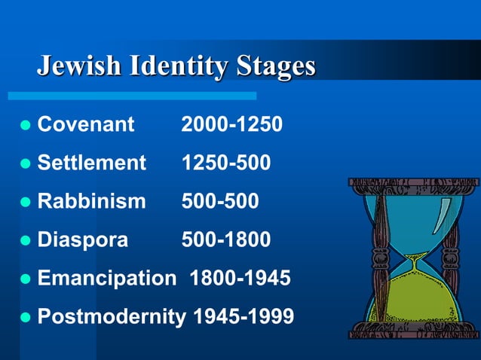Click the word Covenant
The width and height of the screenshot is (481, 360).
[x=85, y=124]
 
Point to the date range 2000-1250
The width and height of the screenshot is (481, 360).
[x=231, y=124]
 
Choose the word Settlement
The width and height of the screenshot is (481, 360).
[x=91, y=162]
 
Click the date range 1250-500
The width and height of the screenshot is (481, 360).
[x=225, y=162]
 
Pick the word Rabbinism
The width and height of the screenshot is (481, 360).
[x=91, y=201]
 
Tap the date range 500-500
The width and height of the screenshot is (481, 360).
[x=219, y=201]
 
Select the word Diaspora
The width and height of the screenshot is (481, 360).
[x=83, y=239]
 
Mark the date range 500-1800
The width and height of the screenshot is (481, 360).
[x=225, y=239]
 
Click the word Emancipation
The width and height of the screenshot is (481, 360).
[x=106, y=279]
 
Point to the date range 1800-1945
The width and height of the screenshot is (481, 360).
[x=240, y=279]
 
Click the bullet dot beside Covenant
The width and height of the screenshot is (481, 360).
[x=25, y=124]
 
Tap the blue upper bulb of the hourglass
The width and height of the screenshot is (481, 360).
[x=413, y=218]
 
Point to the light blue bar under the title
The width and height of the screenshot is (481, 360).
[x=132, y=96]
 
